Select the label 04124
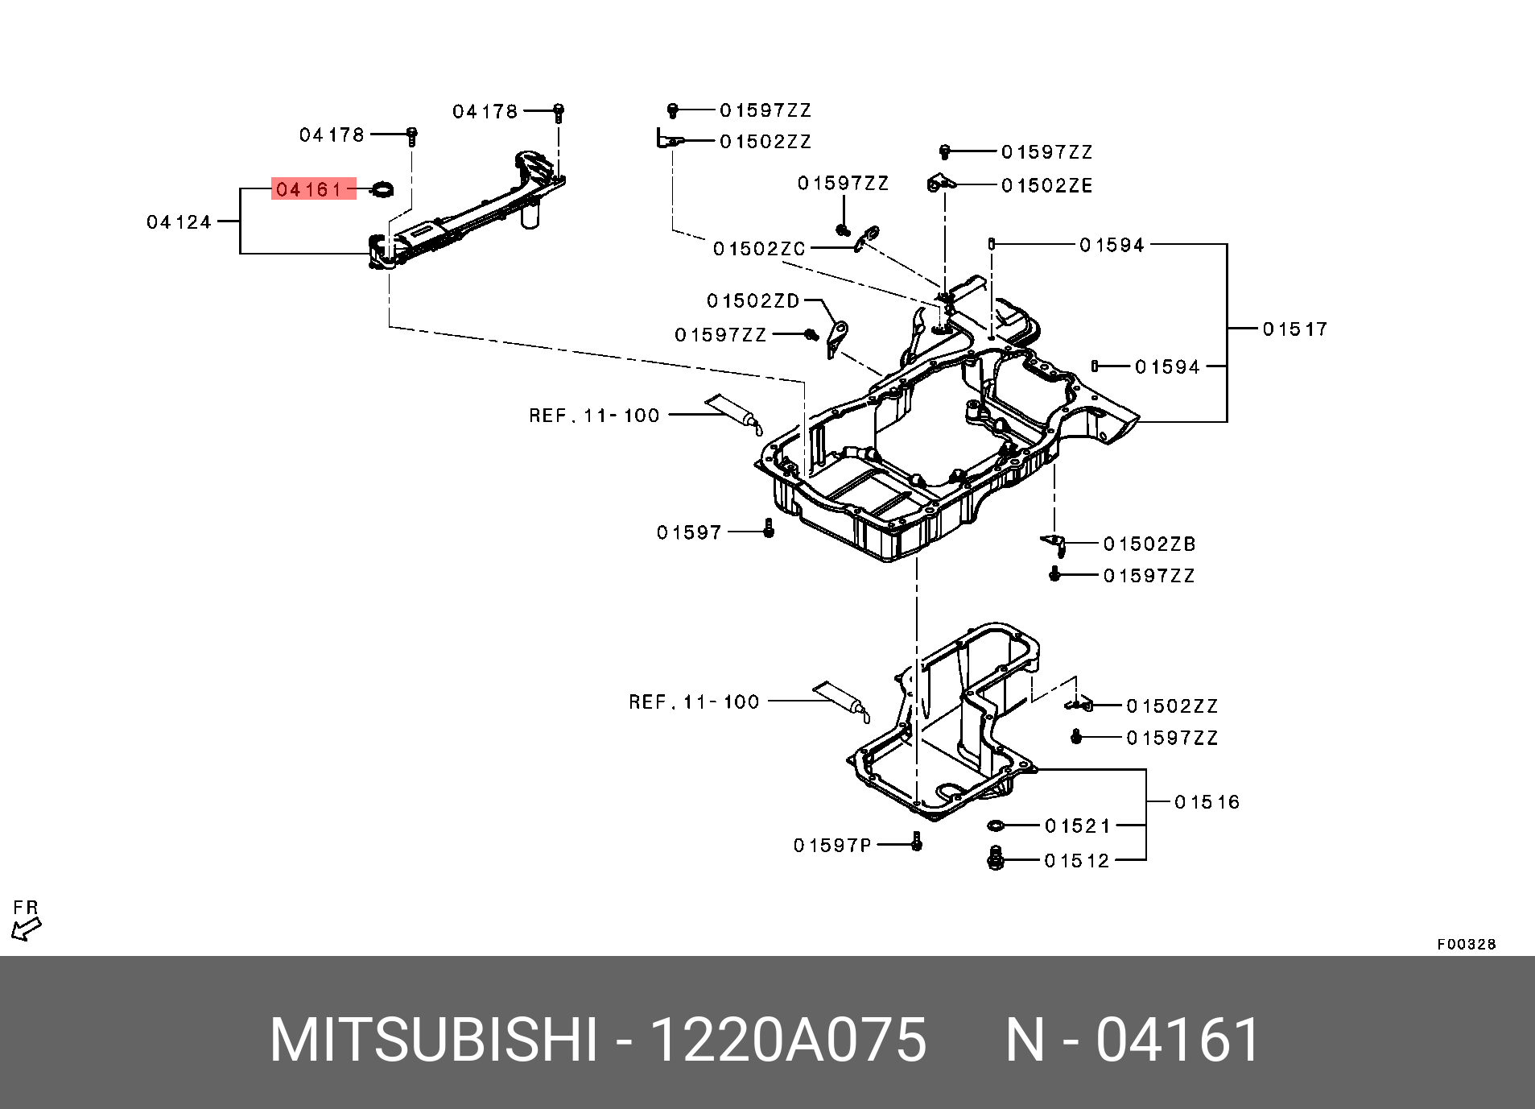click(179, 222)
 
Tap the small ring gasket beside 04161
click(382, 190)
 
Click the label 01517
click(1294, 329)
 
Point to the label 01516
click(1207, 801)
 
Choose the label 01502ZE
click(1046, 186)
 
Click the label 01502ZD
click(753, 300)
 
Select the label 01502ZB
click(1149, 544)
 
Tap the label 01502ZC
click(759, 249)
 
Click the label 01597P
click(832, 845)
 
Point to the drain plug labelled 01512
click(994, 859)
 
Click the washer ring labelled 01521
click(995, 826)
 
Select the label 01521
click(1077, 826)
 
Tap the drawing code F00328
click(1466, 944)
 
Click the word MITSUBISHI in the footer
click(434, 1041)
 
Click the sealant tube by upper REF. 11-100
click(732, 413)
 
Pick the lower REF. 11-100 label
click(694, 702)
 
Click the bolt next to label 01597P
click(916, 842)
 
